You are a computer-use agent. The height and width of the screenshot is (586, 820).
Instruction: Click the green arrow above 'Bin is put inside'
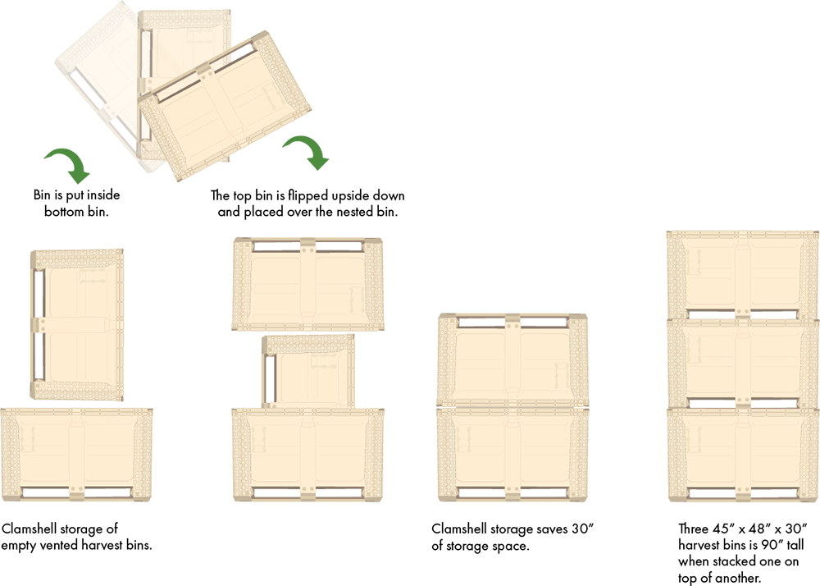point(66,163)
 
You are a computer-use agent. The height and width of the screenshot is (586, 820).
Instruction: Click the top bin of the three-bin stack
point(743,274)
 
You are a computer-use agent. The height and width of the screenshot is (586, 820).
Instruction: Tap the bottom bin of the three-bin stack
point(743,451)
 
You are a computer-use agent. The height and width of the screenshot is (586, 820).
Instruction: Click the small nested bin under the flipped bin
point(308,371)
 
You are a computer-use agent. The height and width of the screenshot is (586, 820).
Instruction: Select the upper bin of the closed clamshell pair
point(512,359)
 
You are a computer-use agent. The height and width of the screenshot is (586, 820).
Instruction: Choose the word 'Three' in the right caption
point(693,528)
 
